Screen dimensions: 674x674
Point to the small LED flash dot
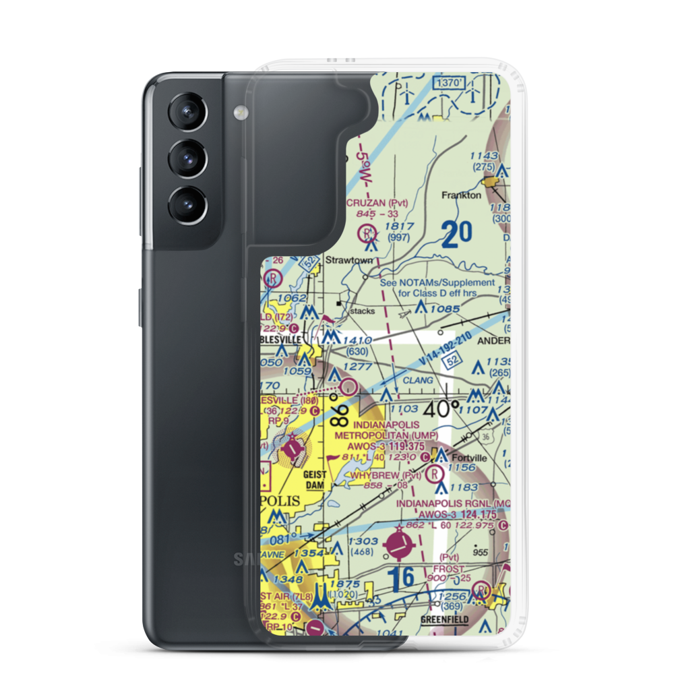238,111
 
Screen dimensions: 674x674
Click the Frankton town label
461,195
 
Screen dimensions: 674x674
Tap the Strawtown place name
344,259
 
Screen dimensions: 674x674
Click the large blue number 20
458,235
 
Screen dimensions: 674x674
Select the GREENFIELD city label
443,619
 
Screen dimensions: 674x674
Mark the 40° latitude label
441,408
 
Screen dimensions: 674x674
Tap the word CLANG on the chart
418,381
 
